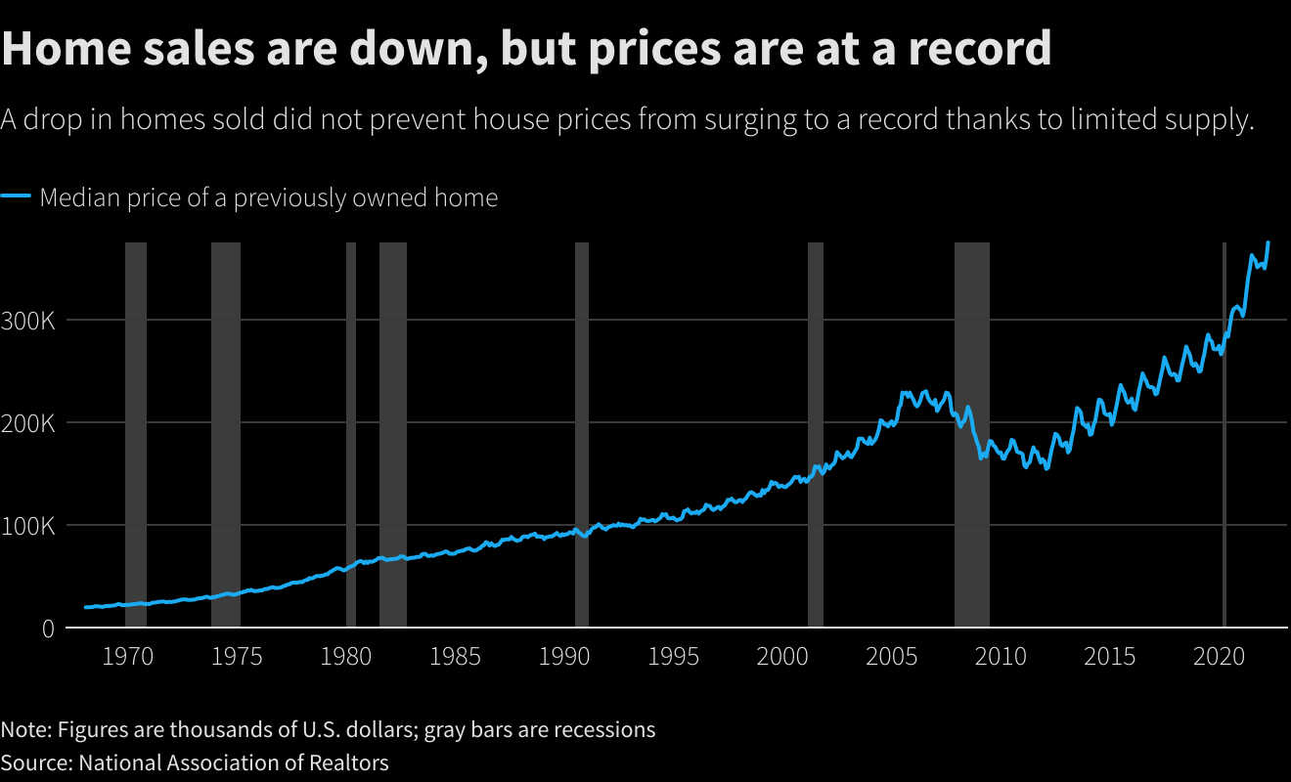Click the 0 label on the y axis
[x=48, y=629]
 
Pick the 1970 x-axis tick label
[x=127, y=656]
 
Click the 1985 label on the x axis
[x=455, y=656]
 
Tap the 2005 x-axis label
[x=891, y=656]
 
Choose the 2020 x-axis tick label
[x=1218, y=656]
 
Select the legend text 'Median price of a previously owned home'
[x=269, y=197]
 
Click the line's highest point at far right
[x=1269, y=242]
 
